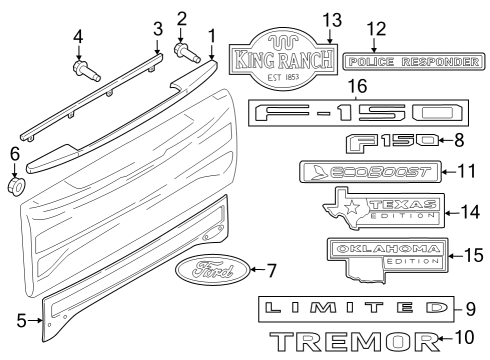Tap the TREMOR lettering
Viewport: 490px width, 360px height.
click(x=356, y=343)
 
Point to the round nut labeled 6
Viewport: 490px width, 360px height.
click(x=16, y=186)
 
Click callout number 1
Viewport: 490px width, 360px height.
click(x=211, y=36)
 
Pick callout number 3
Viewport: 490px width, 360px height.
click(x=156, y=28)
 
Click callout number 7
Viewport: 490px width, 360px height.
click(x=269, y=271)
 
